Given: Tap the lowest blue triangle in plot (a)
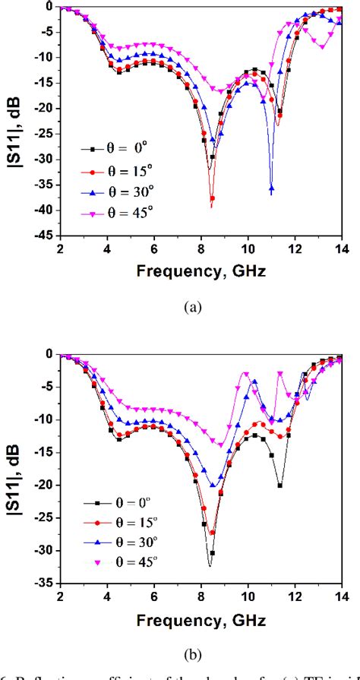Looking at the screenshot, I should point(271,188).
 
